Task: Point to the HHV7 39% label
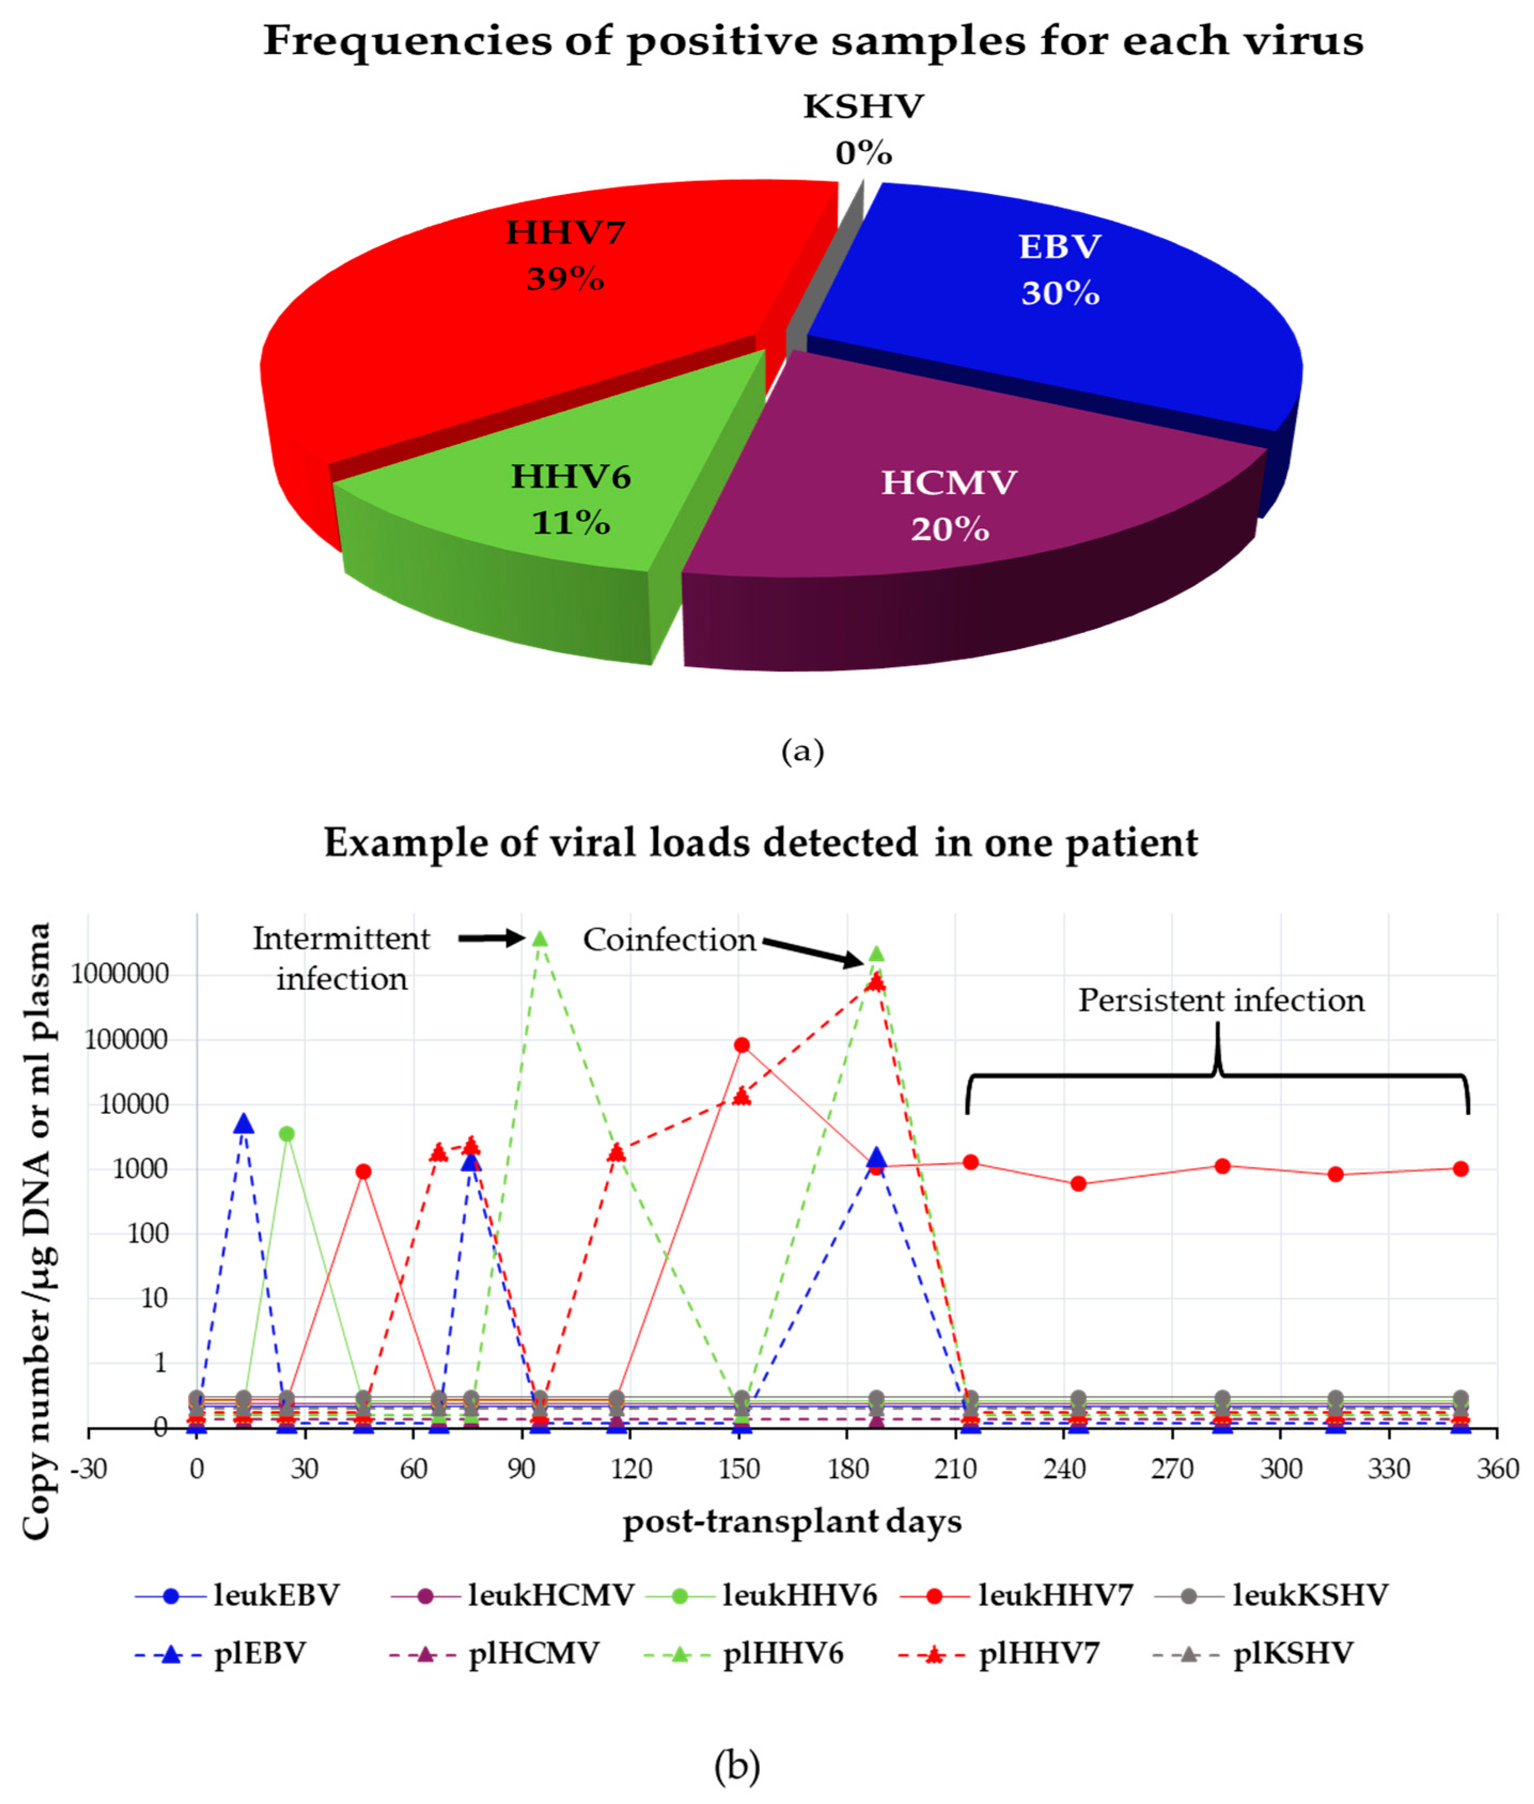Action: [x=565, y=256]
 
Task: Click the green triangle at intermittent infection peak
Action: [x=540, y=938]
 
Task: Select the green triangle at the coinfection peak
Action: [x=876, y=954]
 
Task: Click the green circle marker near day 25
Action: [x=287, y=1134]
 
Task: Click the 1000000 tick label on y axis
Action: [x=120, y=974]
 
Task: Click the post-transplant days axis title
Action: [x=792, y=1522]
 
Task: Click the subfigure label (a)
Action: [x=802, y=751]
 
